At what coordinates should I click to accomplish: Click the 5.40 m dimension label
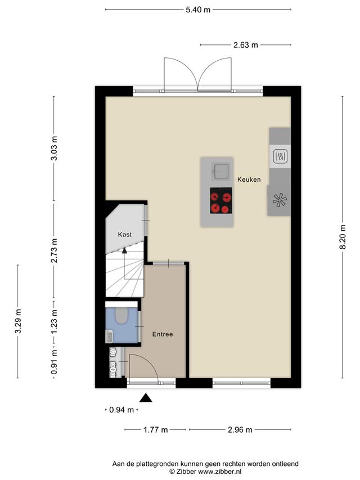click(x=198, y=10)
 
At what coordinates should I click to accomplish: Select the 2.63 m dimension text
click(x=245, y=45)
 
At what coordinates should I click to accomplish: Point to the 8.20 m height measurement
click(x=343, y=237)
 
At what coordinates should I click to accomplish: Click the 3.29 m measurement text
click(x=19, y=321)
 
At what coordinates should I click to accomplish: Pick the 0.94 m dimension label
click(x=121, y=410)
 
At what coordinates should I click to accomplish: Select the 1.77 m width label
click(x=155, y=430)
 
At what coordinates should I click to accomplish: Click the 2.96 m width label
click(x=240, y=430)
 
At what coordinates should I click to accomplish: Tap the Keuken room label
click(x=249, y=180)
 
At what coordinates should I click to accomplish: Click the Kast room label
click(x=124, y=235)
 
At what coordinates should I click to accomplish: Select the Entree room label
click(x=163, y=334)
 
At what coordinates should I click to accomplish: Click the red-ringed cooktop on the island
click(x=220, y=200)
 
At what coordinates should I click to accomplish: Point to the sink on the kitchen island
click(x=220, y=172)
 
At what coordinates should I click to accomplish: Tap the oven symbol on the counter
click(x=280, y=156)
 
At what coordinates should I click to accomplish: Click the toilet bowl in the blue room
click(x=121, y=315)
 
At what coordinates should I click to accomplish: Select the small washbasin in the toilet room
click(x=109, y=337)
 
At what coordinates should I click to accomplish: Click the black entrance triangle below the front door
click(x=146, y=398)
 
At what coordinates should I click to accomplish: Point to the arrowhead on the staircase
click(x=124, y=250)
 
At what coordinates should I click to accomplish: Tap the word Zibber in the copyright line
click(x=186, y=472)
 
